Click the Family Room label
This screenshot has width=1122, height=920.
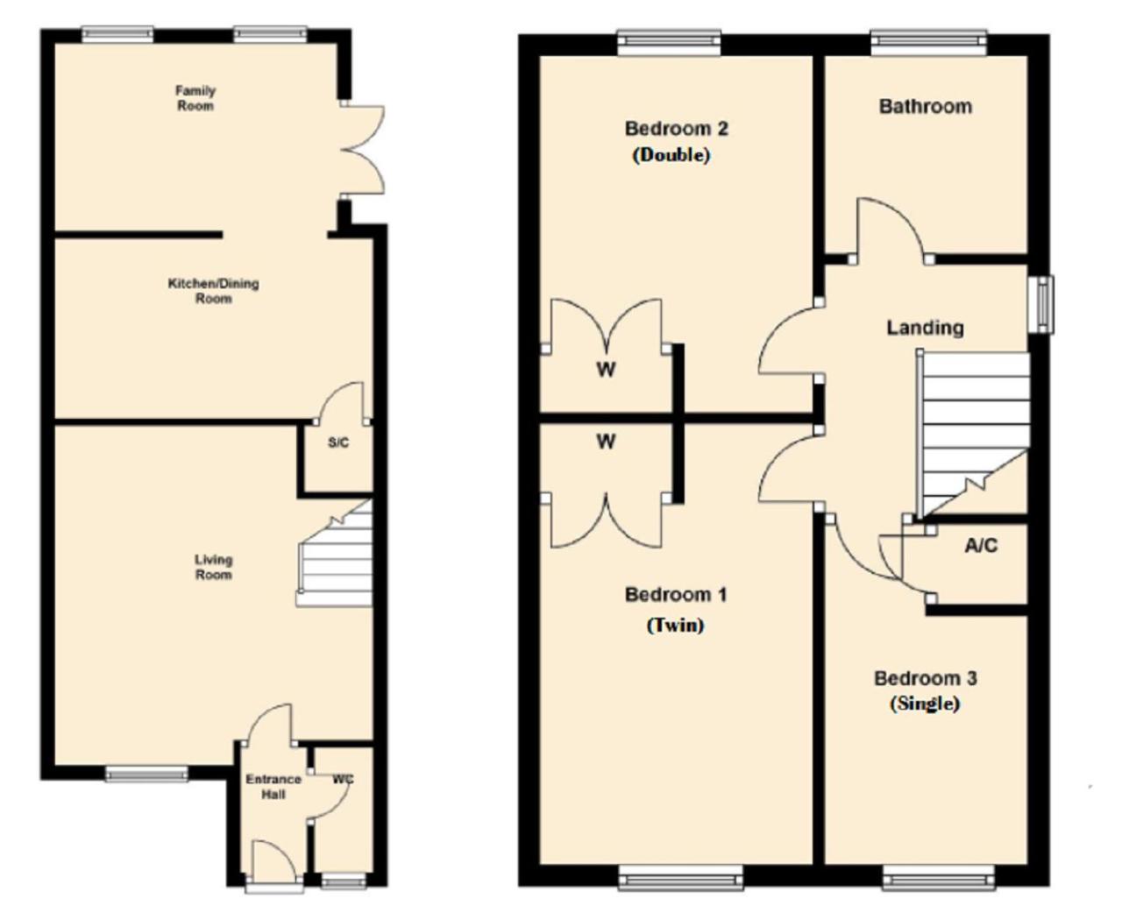(x=195, y=98)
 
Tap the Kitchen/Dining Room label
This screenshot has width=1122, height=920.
(x=213, y=291)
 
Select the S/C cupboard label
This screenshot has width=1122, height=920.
(x=338, y=442)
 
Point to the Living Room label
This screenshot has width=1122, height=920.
(x=213, y=567)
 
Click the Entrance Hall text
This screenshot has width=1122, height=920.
(x=273, y=787)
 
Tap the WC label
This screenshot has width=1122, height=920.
(x=343, y=779)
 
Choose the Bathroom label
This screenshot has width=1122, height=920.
(x=925, y=106)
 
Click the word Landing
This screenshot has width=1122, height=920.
(x=925, y=328)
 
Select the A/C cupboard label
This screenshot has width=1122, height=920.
(x=981, y=546)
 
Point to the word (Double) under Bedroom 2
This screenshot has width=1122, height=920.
(x=671, y=155)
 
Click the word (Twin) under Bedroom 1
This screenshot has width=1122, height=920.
(x=675, y=625)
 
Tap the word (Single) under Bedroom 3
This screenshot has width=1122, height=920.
(x=925, y=704)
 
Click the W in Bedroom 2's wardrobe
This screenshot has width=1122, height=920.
(x=606, y=369)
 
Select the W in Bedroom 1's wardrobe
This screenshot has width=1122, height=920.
(x=606, y=442)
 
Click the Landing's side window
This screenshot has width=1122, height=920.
(x=1040, y=304)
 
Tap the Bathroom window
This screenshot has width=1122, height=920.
(x=928, y=42)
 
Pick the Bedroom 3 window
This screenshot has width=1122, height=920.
(x=938, y=876)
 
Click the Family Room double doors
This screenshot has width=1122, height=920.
(x=362, y=150)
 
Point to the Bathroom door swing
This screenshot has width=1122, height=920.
(x=891, y=230)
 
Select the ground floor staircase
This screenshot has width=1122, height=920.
(x=335, y=553)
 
